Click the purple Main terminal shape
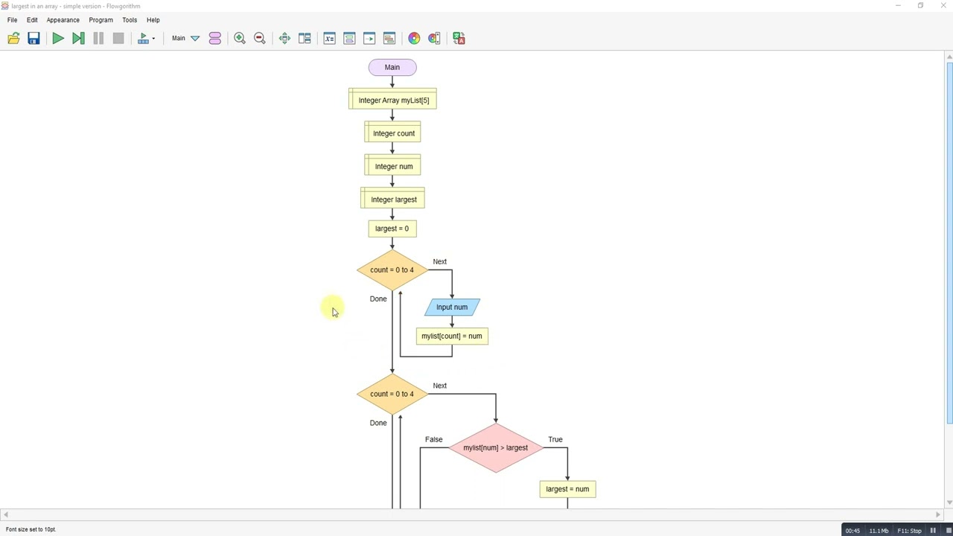click(x=392, y=68)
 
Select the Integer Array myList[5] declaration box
click(x=392, y=100)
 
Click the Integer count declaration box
click(x=392, y=133)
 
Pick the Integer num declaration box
click(x=392, y=166)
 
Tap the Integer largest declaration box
click(x=392, y=200)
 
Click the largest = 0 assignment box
click(x=392, y=229)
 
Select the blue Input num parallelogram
click(x=452, y=307)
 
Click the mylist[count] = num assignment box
click(x=452, y=336)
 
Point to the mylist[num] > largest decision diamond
click(x=495, y=447)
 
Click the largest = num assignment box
click(x=567, y=489)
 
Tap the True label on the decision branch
click(x=555, y=439)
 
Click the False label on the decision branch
click(x=433, y=439)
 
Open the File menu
click(x=12, y=20)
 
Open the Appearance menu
click(x=63, y=20)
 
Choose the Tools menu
click(x=130, y=20)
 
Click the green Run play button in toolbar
click(x=58, y=38)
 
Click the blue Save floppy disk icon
click(x=34, y=38)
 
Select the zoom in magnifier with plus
click(x=240, y=38)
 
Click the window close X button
click(x=942, y=6)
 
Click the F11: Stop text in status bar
click(x=909, y=531)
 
